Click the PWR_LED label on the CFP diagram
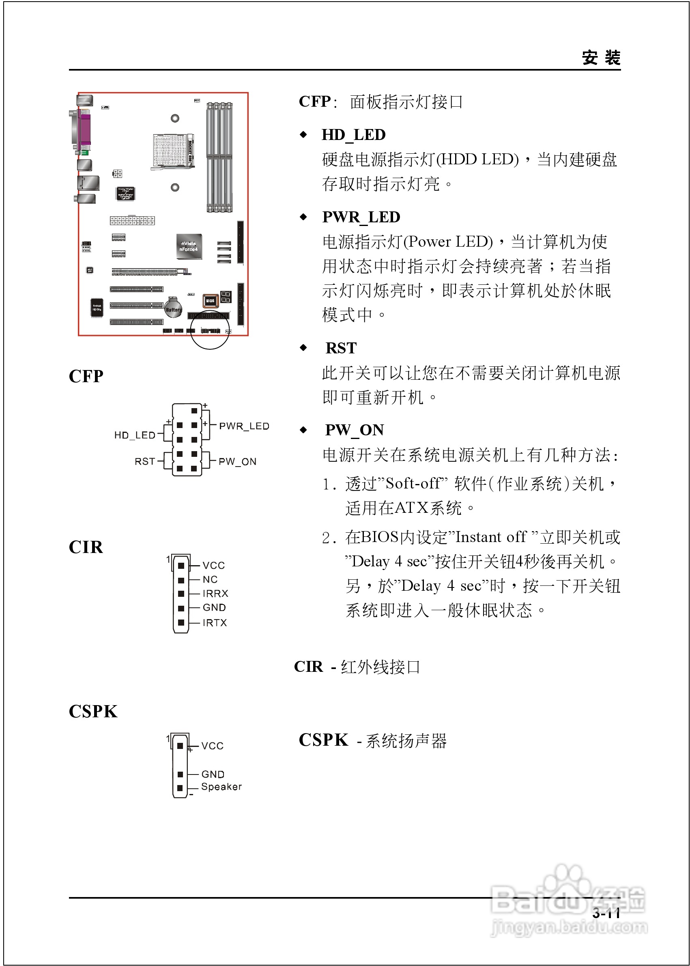click(x=244, y=426)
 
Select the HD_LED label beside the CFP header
click(x=135, y=435)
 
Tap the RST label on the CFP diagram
click(x=144, y=462)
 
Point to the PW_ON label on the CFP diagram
click(x=237, y=462)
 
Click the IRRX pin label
click(x=215, y=593)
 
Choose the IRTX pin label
click(x=215, y=623)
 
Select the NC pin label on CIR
click(x=210, y=579)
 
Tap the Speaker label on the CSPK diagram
click(x=221, y=787)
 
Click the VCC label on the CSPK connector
click(x=213, y=746)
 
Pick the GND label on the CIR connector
click(x=214, y=607)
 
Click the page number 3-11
click(x=606, y=913)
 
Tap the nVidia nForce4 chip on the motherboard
click(x=189, y=246)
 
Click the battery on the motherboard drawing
click(x=173, y=308)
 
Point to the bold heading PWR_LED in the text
click(x=361, y=217)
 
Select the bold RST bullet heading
click(x=341, y=348)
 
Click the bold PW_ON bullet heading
click(x=355, y=430)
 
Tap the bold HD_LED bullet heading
click(x=353, y=135)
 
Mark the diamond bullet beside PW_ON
click(x=303, y=430)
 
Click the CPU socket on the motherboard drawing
click(x=171, y=150)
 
